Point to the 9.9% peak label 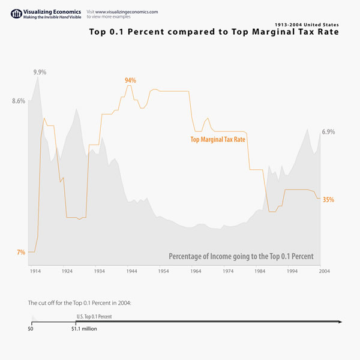click(x=40, y=72)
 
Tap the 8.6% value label click(x=19, y=101)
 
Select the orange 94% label click(x=130, y=80)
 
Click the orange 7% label click(x=21, y=253)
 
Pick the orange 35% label click(x=328, y=200)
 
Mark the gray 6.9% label click(x=328, y=132)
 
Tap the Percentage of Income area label click(x=241, y=256)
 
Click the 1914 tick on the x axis click(x=35, y=271)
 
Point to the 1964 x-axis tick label click(x=196, y=271)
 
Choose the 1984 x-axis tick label click(x=260, y=271)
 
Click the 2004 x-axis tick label click(x=324, y=271)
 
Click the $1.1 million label click(x=84, y=329)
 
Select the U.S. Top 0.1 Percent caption click(x=94, y=316)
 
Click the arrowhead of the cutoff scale click(x=340, y=322)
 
